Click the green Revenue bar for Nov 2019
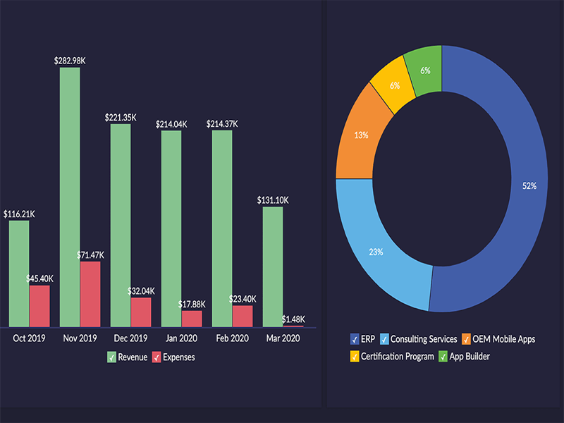click(x=70, y=197)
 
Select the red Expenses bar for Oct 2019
click(x=39, y=306)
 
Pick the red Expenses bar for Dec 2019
click(x=141, y=312)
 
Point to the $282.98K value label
click(x=70, y=61)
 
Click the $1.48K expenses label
click(x=293, y=319)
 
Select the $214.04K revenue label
click(x=171, y=124)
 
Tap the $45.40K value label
click(x=39, y=278)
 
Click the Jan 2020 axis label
click(x=181, y=338)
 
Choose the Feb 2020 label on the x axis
click(x=232, y=338)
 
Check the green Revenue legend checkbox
click(x=111, y=357)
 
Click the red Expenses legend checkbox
click(x=157, y=357)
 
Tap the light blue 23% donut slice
click(x=375, y=250)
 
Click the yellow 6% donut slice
click(x=393, y=85)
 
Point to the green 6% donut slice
click(x=426, y=70)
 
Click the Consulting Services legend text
click(x=424, y=339)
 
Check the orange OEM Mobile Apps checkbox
click(x=467, y=339)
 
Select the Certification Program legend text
click(x=398, y=357)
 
